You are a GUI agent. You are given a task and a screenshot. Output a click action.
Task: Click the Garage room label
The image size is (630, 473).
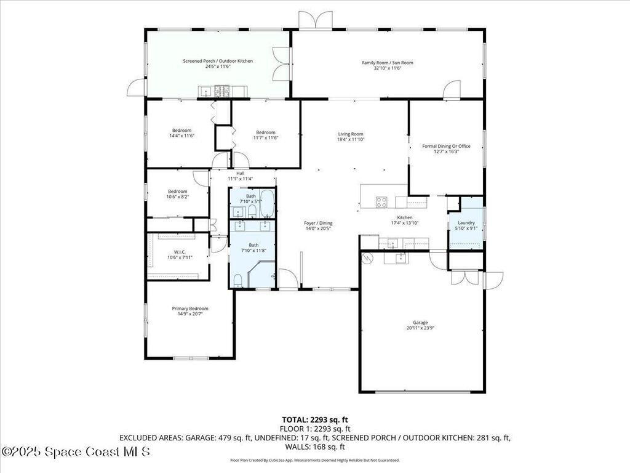click(x=420, y=323)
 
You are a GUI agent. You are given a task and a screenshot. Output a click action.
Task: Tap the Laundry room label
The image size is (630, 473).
click(x=466, y=222)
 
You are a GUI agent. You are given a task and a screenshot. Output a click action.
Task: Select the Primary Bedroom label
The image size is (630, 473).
click(x=189, y=309)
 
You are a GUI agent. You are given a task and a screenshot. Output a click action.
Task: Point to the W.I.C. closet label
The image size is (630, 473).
click(x=180, y=251)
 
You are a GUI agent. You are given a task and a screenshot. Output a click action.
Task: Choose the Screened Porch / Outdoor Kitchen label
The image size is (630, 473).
click(x=217, y=61)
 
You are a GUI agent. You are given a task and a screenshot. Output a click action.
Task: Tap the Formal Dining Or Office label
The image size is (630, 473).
click(x=446, y=146)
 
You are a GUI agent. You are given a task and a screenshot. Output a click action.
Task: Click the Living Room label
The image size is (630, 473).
click(x=351, y=134)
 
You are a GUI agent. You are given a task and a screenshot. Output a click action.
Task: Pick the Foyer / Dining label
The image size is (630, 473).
click(x=318, y=223)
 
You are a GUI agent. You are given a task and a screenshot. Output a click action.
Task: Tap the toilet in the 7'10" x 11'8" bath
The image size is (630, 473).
click(x=237, y=278)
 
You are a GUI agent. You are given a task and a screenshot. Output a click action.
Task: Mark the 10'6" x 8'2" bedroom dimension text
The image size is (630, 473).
click(x=178, y=197)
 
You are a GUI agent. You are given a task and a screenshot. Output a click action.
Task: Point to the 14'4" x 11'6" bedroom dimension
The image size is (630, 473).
click(x=181, y=136)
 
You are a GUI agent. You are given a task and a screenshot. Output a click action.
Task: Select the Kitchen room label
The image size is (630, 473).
click(x=404, y=217)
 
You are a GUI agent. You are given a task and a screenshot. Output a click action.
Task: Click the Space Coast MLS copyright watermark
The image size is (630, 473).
click(x=75, y=453)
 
